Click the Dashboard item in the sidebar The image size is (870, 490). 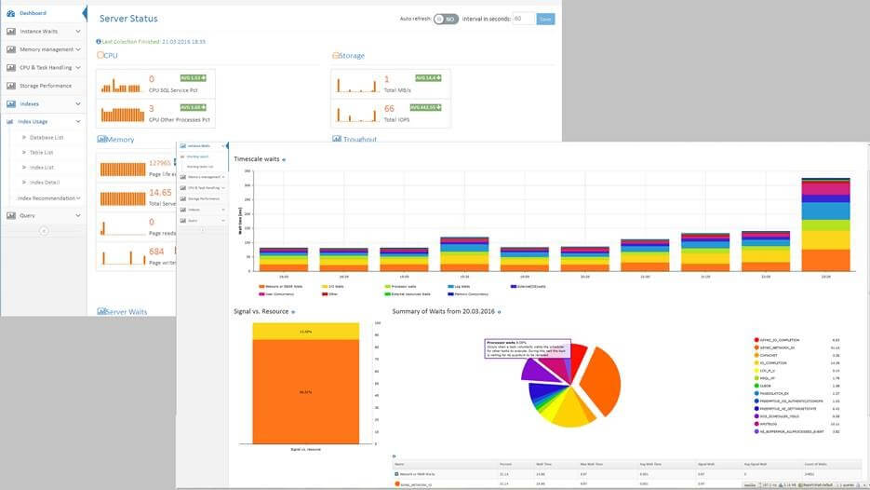33,13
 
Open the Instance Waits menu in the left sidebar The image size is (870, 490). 38,31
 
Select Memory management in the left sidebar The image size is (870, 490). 46,49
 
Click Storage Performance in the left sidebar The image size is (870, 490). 46,86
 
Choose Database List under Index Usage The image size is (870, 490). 47,137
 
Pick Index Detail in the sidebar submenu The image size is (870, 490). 44,183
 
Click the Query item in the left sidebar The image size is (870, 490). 27,215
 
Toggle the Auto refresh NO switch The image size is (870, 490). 446,19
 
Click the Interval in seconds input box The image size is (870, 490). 523,19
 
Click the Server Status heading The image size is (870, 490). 128,19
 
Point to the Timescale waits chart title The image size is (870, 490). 257,159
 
